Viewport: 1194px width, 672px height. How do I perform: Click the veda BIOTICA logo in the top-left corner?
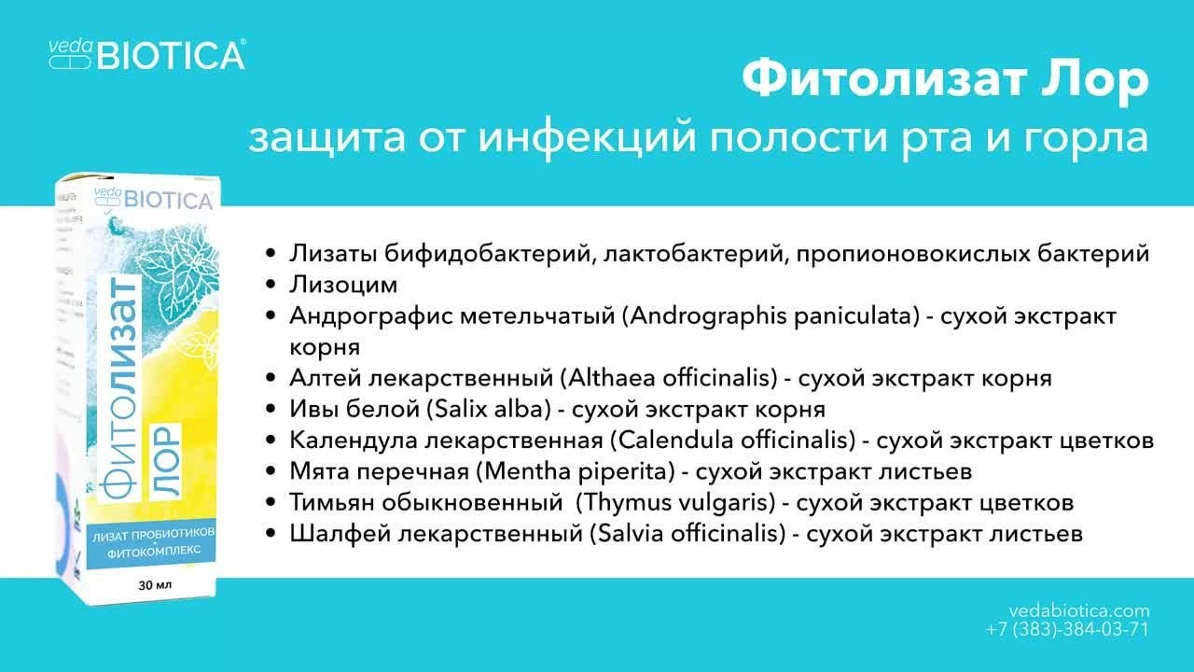point(146,54)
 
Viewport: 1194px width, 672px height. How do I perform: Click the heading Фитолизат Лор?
point(945,81)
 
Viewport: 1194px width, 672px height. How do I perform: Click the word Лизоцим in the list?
point(343,284)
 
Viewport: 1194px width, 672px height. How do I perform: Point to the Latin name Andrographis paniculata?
point(766,315)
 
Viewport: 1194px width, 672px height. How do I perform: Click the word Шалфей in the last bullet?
point(331,534)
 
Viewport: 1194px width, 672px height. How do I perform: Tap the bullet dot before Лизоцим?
point(271,285)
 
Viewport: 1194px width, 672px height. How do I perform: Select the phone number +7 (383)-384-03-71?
point(1067,629)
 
